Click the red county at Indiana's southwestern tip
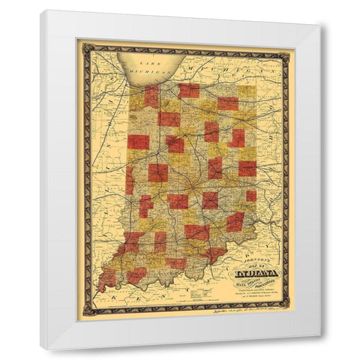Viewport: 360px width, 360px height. click(x=107, y=279)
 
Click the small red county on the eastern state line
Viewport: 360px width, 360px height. click(x=251, y=196)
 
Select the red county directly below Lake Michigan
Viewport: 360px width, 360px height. click(x=151, y=96)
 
